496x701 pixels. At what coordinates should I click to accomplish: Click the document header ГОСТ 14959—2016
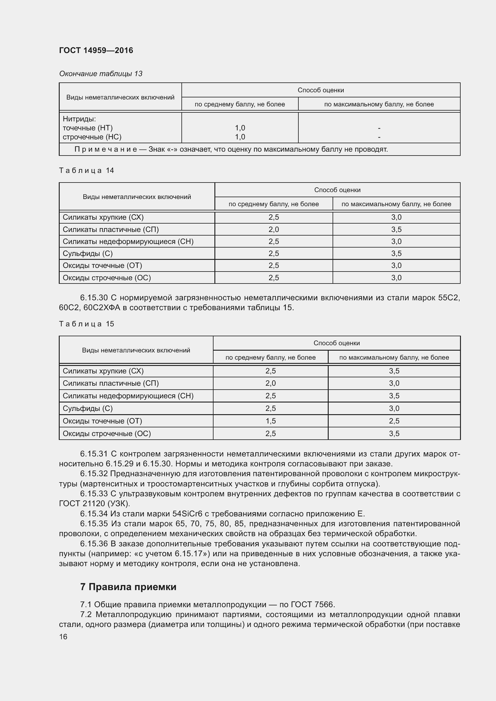(x=96, y=50)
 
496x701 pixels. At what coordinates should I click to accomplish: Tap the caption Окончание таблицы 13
(x=100, y=74)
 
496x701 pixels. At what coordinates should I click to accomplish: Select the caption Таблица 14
(x=86, y=170)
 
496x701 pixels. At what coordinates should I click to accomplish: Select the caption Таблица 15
(x=86, y=324)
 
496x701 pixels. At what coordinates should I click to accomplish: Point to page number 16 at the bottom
(x=63, y=637)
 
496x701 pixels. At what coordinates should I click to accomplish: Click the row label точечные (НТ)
(x=87, y=128)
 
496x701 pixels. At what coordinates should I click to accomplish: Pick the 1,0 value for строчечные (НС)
(x=240, y=137)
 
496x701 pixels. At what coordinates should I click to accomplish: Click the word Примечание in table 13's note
(x=106, y=149)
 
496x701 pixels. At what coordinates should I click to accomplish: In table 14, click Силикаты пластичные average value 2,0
(x=274, y=229)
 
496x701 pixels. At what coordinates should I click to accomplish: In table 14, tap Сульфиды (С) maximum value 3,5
(x=396, y=254)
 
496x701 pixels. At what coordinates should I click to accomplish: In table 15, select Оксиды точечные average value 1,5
(x=270, y=421)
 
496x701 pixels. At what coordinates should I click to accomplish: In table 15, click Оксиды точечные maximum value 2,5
(x=394, y=421)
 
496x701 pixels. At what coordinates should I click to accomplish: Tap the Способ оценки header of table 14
(x=337, y=190)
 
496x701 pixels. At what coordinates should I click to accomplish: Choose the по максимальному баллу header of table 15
(x=394, y=357)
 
